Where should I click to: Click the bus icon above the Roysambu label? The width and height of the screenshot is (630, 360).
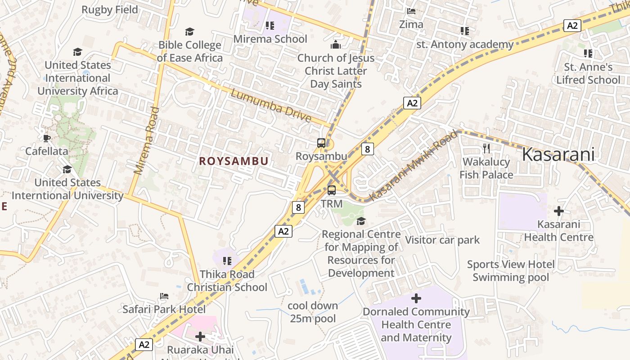[321, 143]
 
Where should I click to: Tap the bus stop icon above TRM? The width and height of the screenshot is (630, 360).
[332, 190]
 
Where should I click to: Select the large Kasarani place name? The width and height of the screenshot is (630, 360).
[558, 154]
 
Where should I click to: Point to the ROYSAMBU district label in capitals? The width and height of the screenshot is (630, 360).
[234, 161]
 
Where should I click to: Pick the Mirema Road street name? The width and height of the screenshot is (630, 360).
[147, 140]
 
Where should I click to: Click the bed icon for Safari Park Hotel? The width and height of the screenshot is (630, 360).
[164, 296]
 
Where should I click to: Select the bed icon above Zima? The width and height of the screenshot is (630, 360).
[411, 11]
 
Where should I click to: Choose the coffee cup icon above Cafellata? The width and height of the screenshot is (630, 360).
[46, 138]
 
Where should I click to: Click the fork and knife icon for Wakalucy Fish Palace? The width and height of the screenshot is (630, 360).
[486, 148]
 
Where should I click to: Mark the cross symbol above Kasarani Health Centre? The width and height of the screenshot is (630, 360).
[558, 211]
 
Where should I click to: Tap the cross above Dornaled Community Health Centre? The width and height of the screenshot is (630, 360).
[416, 298]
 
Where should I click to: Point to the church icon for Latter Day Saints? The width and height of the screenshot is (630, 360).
[336, 45]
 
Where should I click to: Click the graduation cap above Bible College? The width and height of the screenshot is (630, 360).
[189, 31]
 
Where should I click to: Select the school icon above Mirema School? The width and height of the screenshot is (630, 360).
[270, 25]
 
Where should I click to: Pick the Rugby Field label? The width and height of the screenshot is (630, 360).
[110, 9]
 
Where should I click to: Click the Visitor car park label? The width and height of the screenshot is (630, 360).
[442, 240]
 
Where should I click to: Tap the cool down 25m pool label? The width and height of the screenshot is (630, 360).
[313, 312]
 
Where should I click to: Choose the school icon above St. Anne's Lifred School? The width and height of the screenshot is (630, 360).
[588, 54]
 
